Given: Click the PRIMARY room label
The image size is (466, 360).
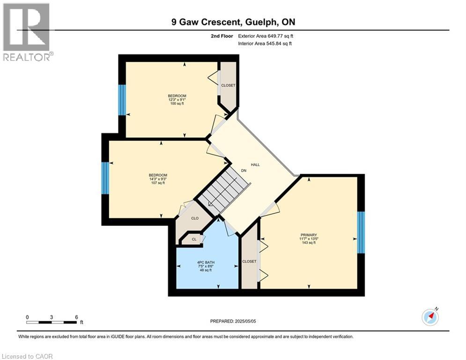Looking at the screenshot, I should pos(309,235).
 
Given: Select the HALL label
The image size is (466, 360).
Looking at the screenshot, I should pos(255,165).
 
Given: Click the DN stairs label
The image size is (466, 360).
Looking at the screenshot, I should pos(244,171).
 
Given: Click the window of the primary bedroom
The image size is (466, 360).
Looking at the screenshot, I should pos(361,232).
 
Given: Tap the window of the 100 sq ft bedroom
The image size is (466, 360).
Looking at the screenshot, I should pos(122,100).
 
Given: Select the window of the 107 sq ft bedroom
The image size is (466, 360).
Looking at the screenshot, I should pos(105,178).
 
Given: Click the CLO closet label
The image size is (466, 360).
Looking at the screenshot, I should pos(195,218).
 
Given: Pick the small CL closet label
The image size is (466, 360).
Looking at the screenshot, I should pos(193,239).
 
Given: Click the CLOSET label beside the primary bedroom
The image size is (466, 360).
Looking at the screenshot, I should pos(249,261).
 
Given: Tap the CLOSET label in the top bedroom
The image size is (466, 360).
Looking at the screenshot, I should pos(228,85).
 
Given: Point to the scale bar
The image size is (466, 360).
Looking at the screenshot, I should pos(52,322).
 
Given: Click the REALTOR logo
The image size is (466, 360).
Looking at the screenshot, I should pos(27,31).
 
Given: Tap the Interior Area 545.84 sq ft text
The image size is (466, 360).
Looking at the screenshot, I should pos(265,44).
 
